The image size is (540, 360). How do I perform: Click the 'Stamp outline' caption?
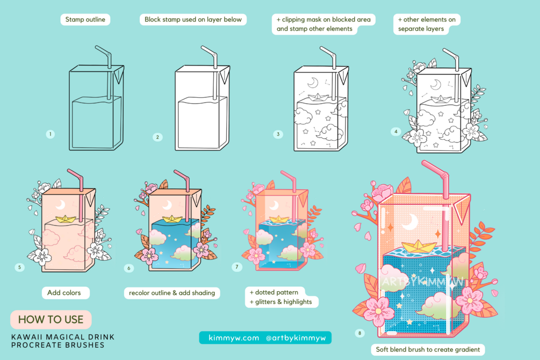pyautogui.click(x=85, y=19)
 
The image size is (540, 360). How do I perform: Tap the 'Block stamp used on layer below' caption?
pyautogui.click(x=193, y=19)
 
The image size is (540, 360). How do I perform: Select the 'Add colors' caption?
pyautogui.click(x=66, y=293)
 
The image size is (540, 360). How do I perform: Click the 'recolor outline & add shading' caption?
pyautogui.click(x=172, y=293)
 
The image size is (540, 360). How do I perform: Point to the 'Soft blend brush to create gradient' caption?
pyautogui.click(x=428, y=349)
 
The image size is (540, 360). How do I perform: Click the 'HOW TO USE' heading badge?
pyautogui.click(x=51, y=319)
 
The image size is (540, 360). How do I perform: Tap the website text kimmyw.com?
pyautogui.click(x=234, y=338)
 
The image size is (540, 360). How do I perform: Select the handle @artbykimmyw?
pyautogui.click(x=296, y=338)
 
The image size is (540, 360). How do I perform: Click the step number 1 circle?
pyautogui.click(x=51, y=134)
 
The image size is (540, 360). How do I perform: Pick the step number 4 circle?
pyautogui.click(x=395, y=131)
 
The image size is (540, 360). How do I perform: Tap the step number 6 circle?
pyautogui.click(x=129, y=268)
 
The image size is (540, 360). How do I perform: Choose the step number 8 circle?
pyautogui.click(x=359, y=333)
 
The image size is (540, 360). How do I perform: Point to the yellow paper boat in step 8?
pyautogui.click(x=417, y=246)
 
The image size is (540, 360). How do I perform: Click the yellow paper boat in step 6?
pyautogui.click(x=172, y=219)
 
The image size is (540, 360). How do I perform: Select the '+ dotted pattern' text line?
pyautogui.click(x=274, y=292)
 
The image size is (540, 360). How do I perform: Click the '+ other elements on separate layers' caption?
pyautogui.click(x=427, y=24)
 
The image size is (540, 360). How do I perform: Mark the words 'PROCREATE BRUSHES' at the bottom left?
pyautogui.click(x=58, y=345)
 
